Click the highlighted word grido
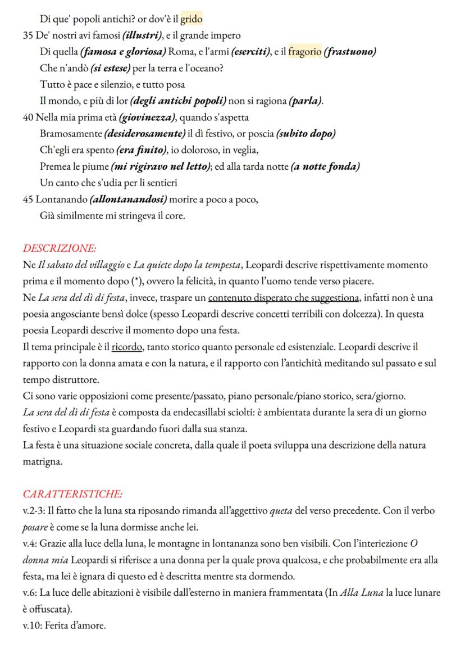coord(191,21)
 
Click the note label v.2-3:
coord(38,511)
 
